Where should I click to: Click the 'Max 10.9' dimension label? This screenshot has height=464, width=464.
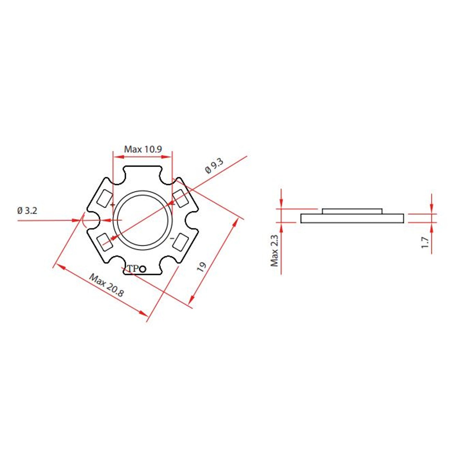coord(143,149)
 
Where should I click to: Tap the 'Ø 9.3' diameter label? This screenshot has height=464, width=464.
coord(214,166)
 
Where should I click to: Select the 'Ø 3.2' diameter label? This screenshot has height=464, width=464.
coord(27,211)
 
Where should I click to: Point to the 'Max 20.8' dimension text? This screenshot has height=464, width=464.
coord(106,285)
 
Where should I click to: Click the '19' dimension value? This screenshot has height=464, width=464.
coord(201,267)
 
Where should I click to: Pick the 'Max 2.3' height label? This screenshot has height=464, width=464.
coord(274,251)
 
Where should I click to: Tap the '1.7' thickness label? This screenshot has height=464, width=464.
coord(425,242)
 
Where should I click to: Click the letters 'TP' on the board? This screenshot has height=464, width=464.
coord(133,268)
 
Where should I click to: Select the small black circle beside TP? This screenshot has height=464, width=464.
coord(143,269)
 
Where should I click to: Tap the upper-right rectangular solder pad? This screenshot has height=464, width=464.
coord(180,198)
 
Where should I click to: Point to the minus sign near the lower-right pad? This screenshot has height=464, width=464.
coord(172,238)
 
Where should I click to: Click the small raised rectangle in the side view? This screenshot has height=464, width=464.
coord(352,211)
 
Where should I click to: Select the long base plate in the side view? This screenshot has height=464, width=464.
coord(352,218)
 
